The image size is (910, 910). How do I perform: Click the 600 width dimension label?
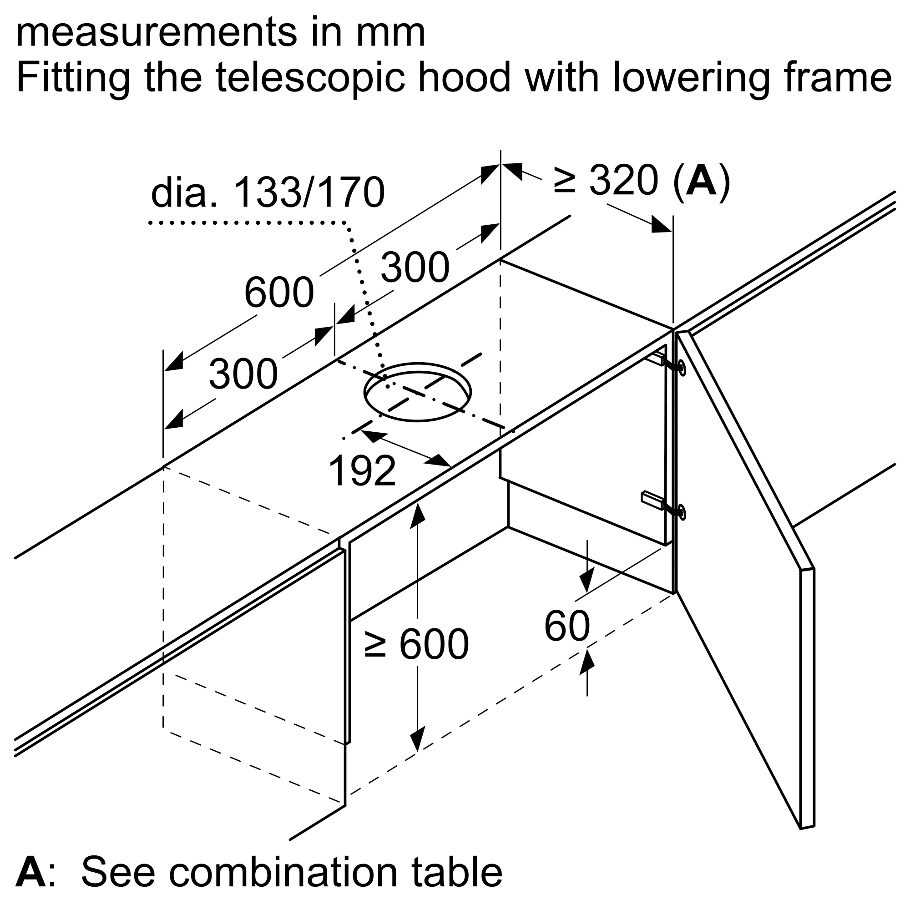[x=279, y=293]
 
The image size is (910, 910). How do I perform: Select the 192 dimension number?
[x=362, y=471]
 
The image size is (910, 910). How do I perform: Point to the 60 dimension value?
[x=566, y=626]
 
